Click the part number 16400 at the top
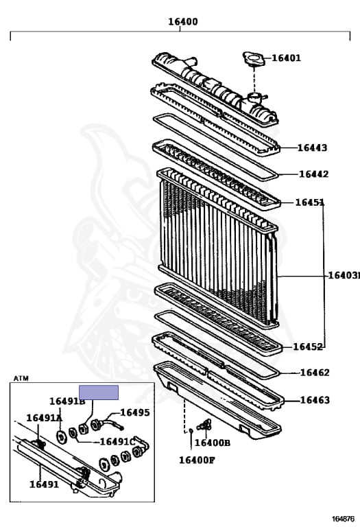click(183, 22)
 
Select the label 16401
click(286, 58)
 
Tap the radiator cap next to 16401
click(254, 59)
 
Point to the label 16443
click(312, 148)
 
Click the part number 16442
click(313, 174)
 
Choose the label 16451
click(310, 202)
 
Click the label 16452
click(308, 347)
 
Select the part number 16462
click(315, 373)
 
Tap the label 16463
click(315, 400)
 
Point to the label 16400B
click(213, 443)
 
